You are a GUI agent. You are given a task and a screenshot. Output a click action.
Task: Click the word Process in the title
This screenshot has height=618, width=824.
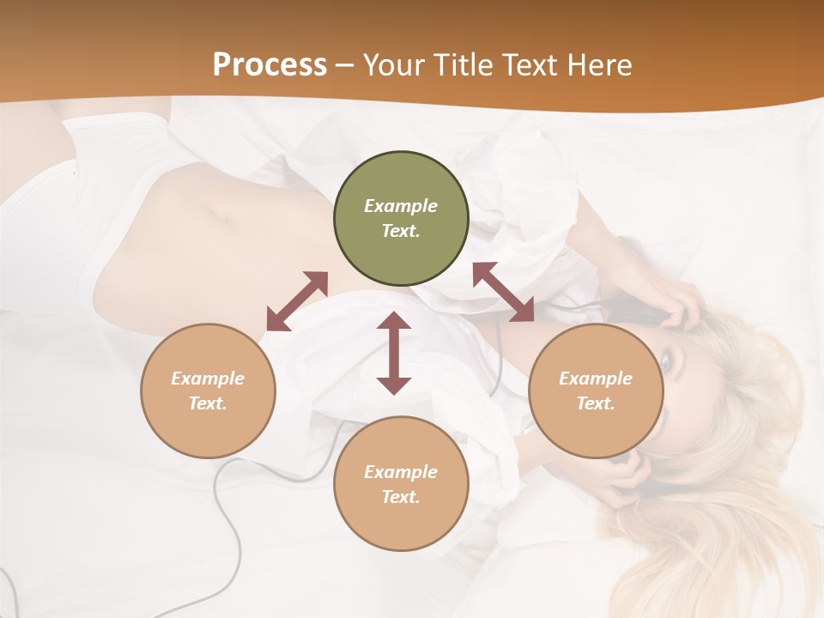click(270, 65)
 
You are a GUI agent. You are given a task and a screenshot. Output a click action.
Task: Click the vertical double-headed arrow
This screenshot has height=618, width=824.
click(394, 354)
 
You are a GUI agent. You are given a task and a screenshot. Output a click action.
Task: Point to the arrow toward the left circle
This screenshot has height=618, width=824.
click(297, 301)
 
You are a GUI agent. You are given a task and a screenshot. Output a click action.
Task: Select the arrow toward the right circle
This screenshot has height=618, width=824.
click(503, 292)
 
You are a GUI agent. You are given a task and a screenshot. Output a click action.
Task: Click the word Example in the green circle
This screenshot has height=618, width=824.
click(401, 206)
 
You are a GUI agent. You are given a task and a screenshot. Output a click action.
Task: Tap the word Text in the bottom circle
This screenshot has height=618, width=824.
click(400, 497)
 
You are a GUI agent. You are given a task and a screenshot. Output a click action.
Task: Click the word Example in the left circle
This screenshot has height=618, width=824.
click(208, 379)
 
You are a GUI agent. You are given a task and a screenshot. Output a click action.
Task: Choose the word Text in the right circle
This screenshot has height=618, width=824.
click(595, 403)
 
